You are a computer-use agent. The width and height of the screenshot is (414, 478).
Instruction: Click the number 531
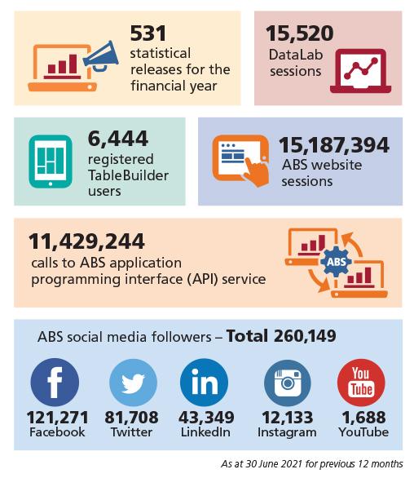pyautogui.click(x=148, y=33)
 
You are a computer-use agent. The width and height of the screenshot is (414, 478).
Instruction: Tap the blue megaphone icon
pyautogui.click(x=101, y=56)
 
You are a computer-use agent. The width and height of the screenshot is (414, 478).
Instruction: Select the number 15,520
pyautogui.click(x=299, y=33)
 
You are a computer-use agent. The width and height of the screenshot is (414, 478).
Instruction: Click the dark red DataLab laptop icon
pyautogui.click(x=360, y=71)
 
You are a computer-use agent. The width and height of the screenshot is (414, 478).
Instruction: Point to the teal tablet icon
pyautogui.click(x=51, y=162)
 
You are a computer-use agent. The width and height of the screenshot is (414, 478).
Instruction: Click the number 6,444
pyautogui.click(x=118, y=139)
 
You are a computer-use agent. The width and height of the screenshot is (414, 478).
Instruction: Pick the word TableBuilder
pyautogui.click(x=128, y=175)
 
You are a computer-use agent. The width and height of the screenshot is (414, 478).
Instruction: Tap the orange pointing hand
pyautogui.click(x=256, y=170)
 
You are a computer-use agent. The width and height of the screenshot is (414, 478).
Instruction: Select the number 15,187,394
pyautogui.click(x=334, y=145)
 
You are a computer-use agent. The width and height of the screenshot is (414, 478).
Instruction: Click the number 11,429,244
pyautogui.click(x=86, y=241)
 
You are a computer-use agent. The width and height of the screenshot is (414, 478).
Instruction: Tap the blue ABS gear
pyautogui.click(x=337, y=262)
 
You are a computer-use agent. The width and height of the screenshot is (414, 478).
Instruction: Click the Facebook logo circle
pyautogui.click(x=55, y=383)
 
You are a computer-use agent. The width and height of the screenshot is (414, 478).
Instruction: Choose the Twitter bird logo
pyautogui.click(x=133, y=383)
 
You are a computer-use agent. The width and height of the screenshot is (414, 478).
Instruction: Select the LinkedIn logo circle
pyautogui.click(x=204, y=383)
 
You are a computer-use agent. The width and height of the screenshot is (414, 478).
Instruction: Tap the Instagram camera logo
pyautogui.click(x=288, y=383)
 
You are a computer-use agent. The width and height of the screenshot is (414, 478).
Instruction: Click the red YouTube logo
pyautogui.click(x=361, y=383)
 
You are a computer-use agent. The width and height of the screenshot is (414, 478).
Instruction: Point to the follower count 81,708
pyautogui.click(x=131, y=418)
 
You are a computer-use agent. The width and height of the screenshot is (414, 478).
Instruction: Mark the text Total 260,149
pyautogui.click(x=281, y=336)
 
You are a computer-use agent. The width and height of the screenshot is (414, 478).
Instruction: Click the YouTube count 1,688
pyautogui.click(x=363, y=418)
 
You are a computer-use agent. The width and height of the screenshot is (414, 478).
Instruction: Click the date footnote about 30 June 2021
pyautogui.click(x=312, y=463)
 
